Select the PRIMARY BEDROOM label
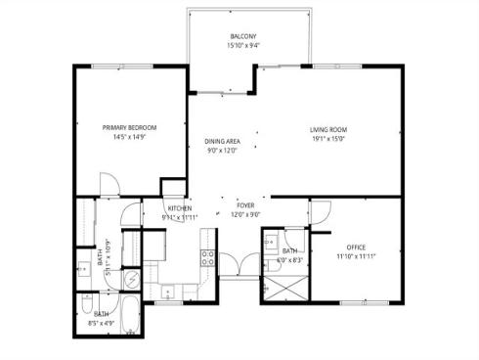click(x=129, y=127)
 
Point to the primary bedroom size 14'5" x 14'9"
click(x=129, y=137)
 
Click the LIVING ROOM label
click(x=328, y=130)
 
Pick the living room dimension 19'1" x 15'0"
click(x=328, y=139)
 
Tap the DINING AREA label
click(x=221, y=142)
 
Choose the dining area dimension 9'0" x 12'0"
click(x=221, y=151)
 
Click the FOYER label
click(x=244, y=205)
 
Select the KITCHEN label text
click(x=179, y=208)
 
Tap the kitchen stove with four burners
click(x=208, y=258)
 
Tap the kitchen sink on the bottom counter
click(x=169, y=291)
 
